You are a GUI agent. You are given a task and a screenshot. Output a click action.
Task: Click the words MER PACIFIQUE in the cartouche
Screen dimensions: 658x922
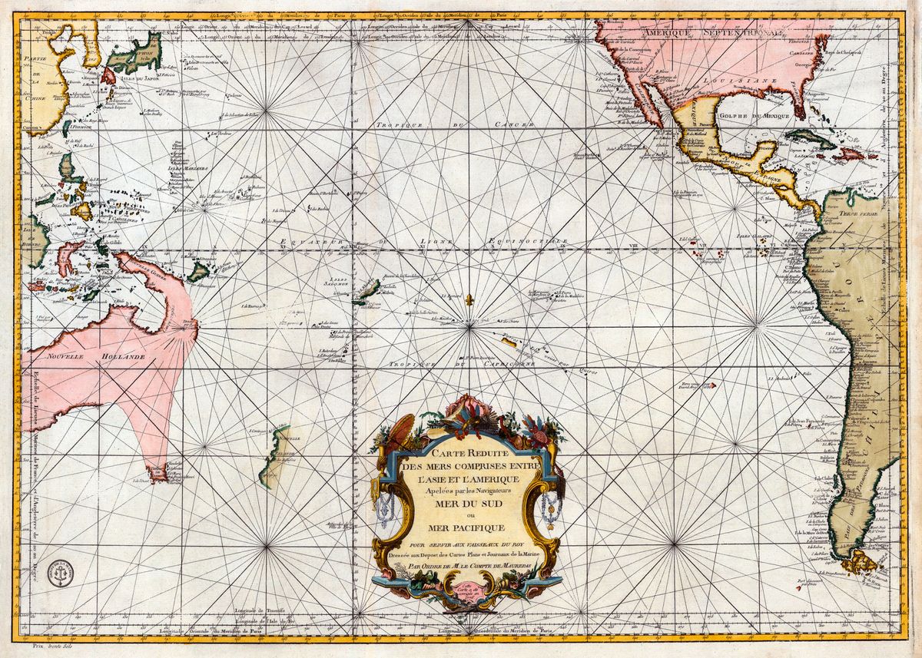[x=466, y=528]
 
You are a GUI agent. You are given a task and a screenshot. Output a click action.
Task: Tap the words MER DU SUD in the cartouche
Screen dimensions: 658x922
[x=466, y=504]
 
